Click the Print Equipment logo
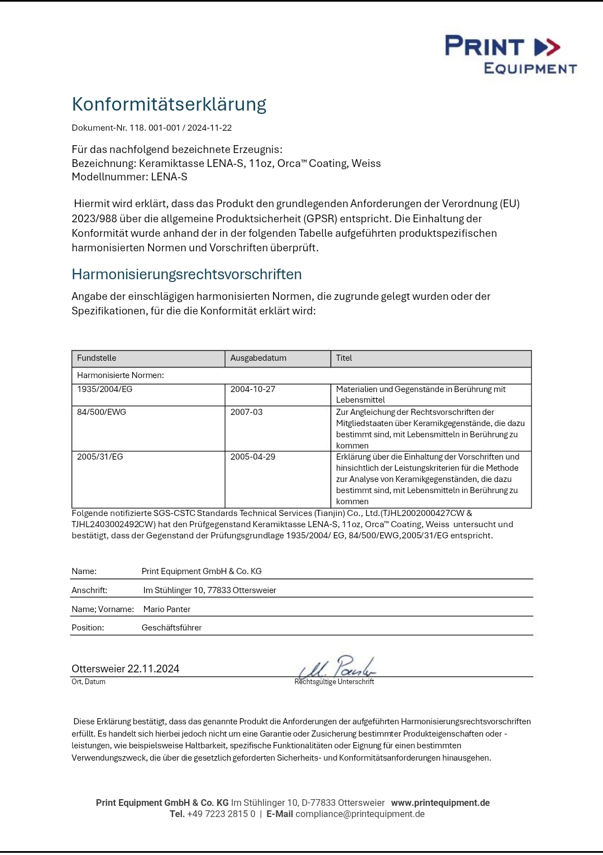tap(510, 54)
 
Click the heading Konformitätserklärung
tap(169, 104)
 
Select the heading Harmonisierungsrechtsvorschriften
tap(186, 274)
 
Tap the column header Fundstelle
tap(97, 358)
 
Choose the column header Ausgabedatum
tap(258, 358)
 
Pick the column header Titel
tap(344, 358)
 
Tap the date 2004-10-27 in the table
tap(253, 389)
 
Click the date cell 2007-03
tap(246, 412)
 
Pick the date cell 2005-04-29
tap(253, 457)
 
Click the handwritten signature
tap(337, 667)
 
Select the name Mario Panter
tap(167, 609)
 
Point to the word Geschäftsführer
tap(171, 628)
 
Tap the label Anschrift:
tap(89, 590)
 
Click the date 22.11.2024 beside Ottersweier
tap(153, 669)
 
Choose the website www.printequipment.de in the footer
tap(440, 803)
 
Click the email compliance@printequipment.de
tap(360, 814)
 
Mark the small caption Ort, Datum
tap(88, 682)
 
